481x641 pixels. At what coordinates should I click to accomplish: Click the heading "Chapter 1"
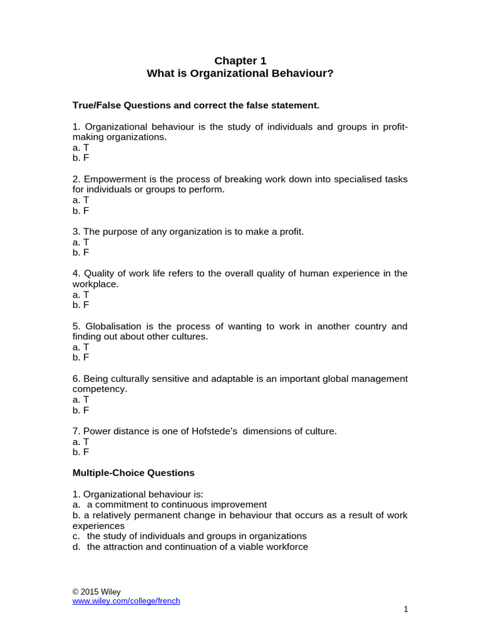(240, 61)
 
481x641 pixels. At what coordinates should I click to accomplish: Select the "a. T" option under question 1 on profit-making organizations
(81, 147)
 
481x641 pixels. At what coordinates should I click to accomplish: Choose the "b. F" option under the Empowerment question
(81, 210)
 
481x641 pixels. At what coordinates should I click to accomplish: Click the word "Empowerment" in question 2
(112, 179)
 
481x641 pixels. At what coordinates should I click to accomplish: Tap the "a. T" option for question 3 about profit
(81, 242)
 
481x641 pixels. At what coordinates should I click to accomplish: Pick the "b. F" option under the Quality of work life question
(81, 305)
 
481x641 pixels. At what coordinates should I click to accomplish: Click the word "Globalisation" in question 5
(114, 326)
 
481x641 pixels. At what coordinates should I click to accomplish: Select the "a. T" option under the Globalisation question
(81, 347)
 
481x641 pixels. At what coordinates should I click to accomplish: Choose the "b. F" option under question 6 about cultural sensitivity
(81, 410)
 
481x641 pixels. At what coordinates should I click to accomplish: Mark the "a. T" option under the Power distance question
(81, 441)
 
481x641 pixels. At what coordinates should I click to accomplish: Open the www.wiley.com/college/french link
(126, 601)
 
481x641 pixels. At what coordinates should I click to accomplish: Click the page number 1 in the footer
(406, 610)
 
